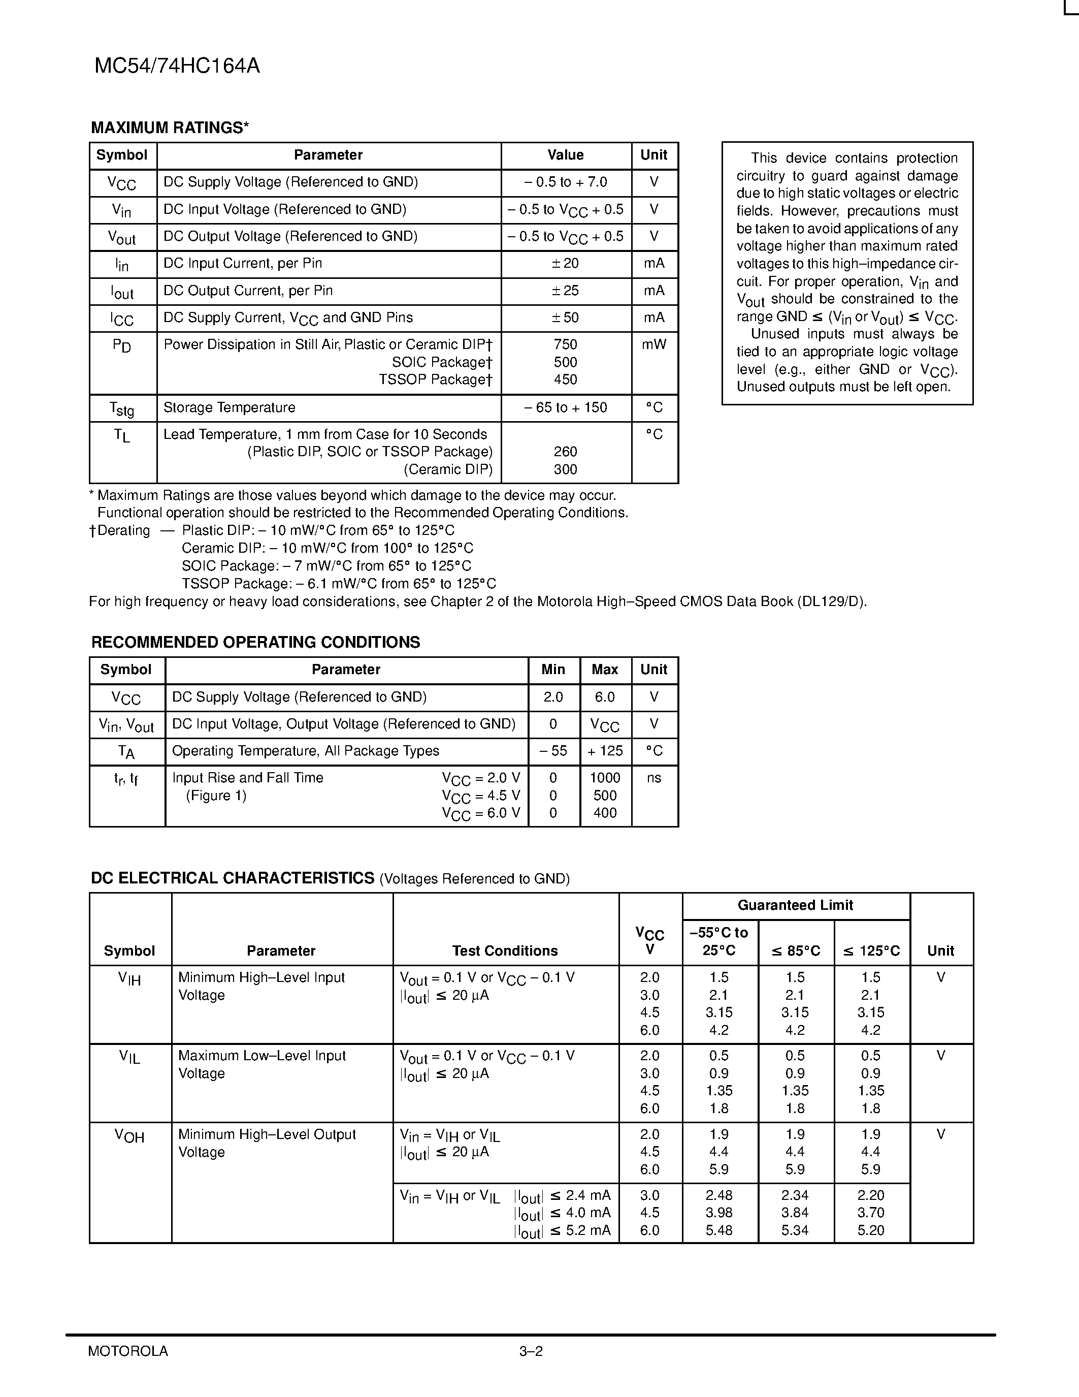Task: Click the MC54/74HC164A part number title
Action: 177,66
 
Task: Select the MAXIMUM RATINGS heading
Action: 170,128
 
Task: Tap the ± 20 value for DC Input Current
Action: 565,264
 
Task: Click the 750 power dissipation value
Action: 565,345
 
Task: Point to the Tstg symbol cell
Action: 122,408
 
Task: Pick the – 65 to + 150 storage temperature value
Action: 565,407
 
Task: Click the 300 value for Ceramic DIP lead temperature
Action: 565,469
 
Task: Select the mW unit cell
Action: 654,345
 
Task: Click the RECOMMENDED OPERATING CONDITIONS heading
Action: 256,642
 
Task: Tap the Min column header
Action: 553,670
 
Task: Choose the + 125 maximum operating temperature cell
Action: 605,751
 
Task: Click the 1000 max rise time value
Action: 605,778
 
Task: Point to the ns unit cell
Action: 654,778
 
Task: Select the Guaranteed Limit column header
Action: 795,905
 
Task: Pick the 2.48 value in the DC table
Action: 719,1195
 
